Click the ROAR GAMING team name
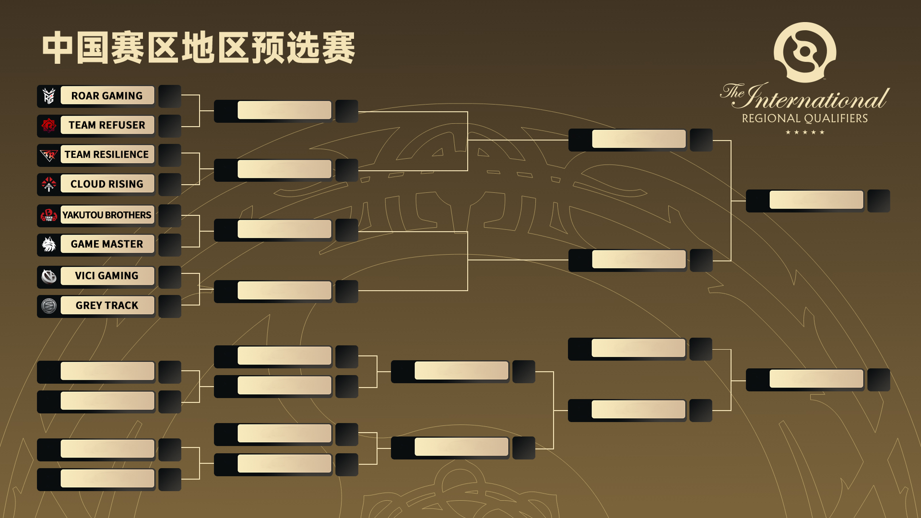click(x=107, y=96)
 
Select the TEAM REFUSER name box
click(x=107, y=125)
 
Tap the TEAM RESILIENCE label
click(x=107, y=154)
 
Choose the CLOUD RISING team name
click(x=107, y=184)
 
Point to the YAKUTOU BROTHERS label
click(x=107, y=215)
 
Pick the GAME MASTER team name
click(x=107, y=244)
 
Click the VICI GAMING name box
click(x=107, y=276)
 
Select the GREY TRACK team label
click(x=107, y=306)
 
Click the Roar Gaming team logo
click(x=49, y=96)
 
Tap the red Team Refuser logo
click(x=49, y=125)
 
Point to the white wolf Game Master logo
click(x=49, y=244)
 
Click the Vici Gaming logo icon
click(x=49, y=276)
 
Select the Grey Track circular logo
click(x=49, y=306)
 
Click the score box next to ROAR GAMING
click(x=170, y=96)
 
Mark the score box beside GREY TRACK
click(x=170, y=306)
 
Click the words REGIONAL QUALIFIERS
click(x=805, y=118)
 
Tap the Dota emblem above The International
click(x=805, y=52)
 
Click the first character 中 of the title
click(x=58, y=48)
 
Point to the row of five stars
click(x=805, y=132)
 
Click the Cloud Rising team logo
click(x=49, y=184)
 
